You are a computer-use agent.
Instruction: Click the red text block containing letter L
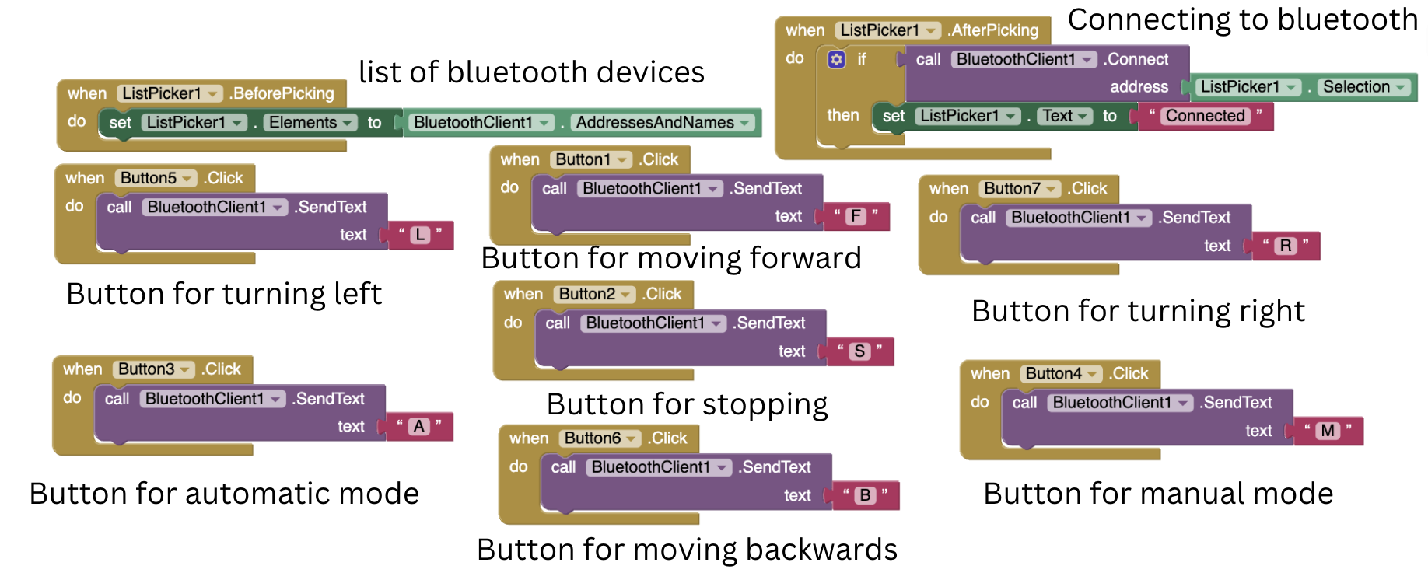tap(420, 235)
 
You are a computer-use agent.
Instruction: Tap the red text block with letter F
tap(856, 216)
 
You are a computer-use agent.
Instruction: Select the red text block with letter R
tap(1286, 246)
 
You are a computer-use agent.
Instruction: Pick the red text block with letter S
tap(859, 351)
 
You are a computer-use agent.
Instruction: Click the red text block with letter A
tap(419, 426)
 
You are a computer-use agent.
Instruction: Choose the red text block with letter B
tap(865, 495)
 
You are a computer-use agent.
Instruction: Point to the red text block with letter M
tap(1328, 431)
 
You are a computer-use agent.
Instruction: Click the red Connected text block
tap(1205, 116)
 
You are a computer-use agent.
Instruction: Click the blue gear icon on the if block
tap(836, 60)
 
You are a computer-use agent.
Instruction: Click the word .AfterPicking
tap(993, 30)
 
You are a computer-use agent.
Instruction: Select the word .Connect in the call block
tap(1136, 59)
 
